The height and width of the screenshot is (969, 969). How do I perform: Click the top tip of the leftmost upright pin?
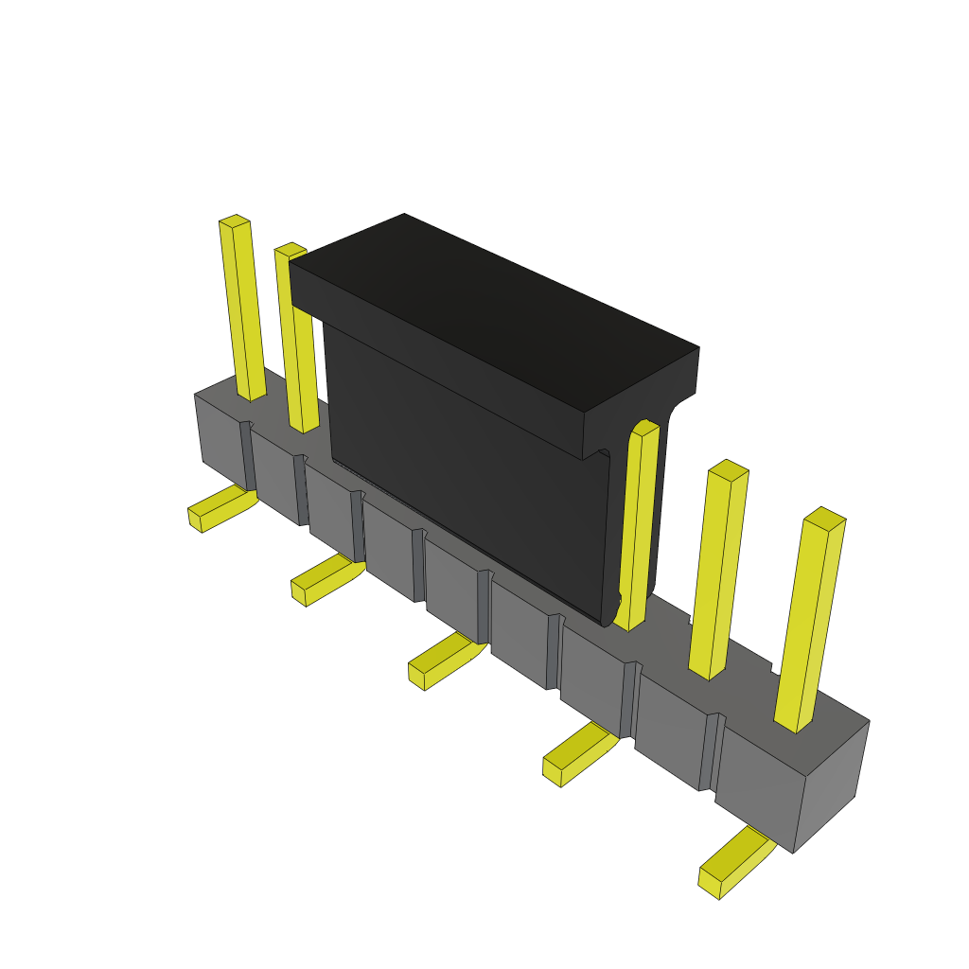(235, 221)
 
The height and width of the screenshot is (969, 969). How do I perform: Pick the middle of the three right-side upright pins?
(719, 568)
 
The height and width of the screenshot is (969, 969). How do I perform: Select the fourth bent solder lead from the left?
(578, 752)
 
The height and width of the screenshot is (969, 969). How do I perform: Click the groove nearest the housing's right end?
(712, 751)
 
